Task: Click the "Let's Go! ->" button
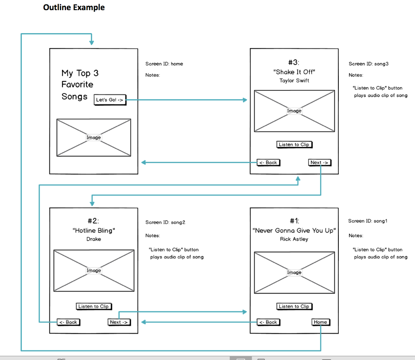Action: [110, 100]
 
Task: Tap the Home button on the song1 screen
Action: [320, 322]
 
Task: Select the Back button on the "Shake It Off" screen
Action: [268, 162]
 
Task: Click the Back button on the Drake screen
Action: [68, 322]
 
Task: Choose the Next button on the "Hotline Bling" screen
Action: [119, 322]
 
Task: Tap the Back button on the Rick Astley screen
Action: [268, 322]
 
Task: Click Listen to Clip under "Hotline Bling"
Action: [94, 307]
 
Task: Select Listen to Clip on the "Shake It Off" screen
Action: [294, 145]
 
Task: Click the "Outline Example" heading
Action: [74, 7]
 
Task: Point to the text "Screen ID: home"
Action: [164, 64]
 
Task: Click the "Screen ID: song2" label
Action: [165, 223]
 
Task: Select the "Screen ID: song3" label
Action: [368, 64]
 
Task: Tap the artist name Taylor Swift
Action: [294, 81]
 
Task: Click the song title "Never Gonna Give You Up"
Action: [294, 230]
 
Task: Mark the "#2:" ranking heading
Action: [93, 221]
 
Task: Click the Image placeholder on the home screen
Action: [94, 138]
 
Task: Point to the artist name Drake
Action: [94, 239]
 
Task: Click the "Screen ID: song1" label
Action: [368, 221]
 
